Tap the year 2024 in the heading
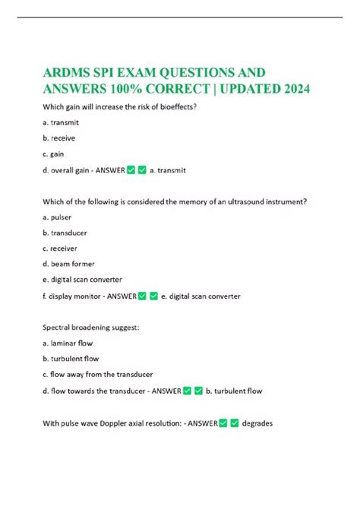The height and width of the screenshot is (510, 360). click(289, 90)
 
